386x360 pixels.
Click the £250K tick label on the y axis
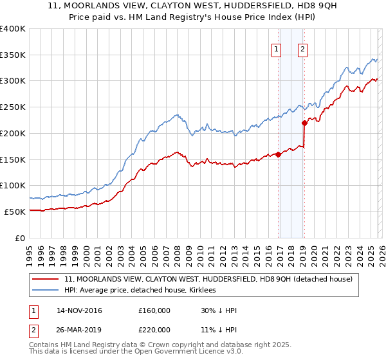13,107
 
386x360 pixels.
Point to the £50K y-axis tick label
15,212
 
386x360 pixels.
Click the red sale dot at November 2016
278,154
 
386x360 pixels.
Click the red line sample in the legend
46,280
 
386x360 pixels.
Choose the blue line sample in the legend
46,291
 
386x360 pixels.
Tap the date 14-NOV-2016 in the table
79,310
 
